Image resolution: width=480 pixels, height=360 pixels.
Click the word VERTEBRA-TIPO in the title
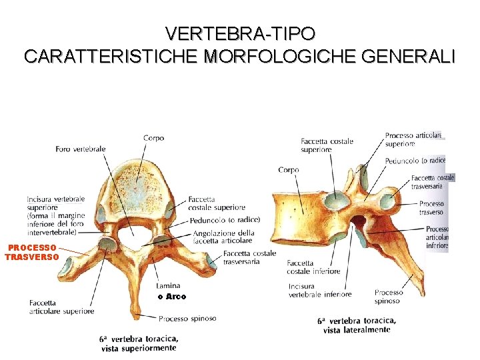pyautogui.click(x=240, y=33)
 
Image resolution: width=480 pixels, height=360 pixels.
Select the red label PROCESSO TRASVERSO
pyautogui.click(x=31, y=252)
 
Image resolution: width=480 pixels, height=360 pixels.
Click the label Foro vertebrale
pyautogui.click(x=81, y=149)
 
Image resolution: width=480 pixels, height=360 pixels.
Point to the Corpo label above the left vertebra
pyautogui.click(x=153, y=138)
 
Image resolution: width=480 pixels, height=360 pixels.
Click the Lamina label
pyautogui.click(x=167, y=285)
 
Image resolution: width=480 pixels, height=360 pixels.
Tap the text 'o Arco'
pyautogui.click(x=172, y=297)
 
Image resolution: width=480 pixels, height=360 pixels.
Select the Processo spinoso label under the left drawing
pyautogui.click(x=187, y=318)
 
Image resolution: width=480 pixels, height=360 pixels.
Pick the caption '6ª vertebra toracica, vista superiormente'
pyautogui.click(x=139, y=343)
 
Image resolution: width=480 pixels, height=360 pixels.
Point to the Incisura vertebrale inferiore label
pyautogui.click(x=320, y=290)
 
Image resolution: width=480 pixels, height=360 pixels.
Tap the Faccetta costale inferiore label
pyautogui.click(x=313, y=267)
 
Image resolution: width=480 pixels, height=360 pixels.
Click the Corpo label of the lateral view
pyautogui.click(x=289, y=170)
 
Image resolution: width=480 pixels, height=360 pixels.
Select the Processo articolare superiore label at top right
pyautogui.click(x=413, y=139)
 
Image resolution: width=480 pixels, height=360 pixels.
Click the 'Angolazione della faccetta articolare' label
pyautogui.click(x=223, y=237)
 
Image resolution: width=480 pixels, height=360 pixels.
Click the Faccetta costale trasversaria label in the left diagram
pyautogui.click(x=250, y=257)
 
